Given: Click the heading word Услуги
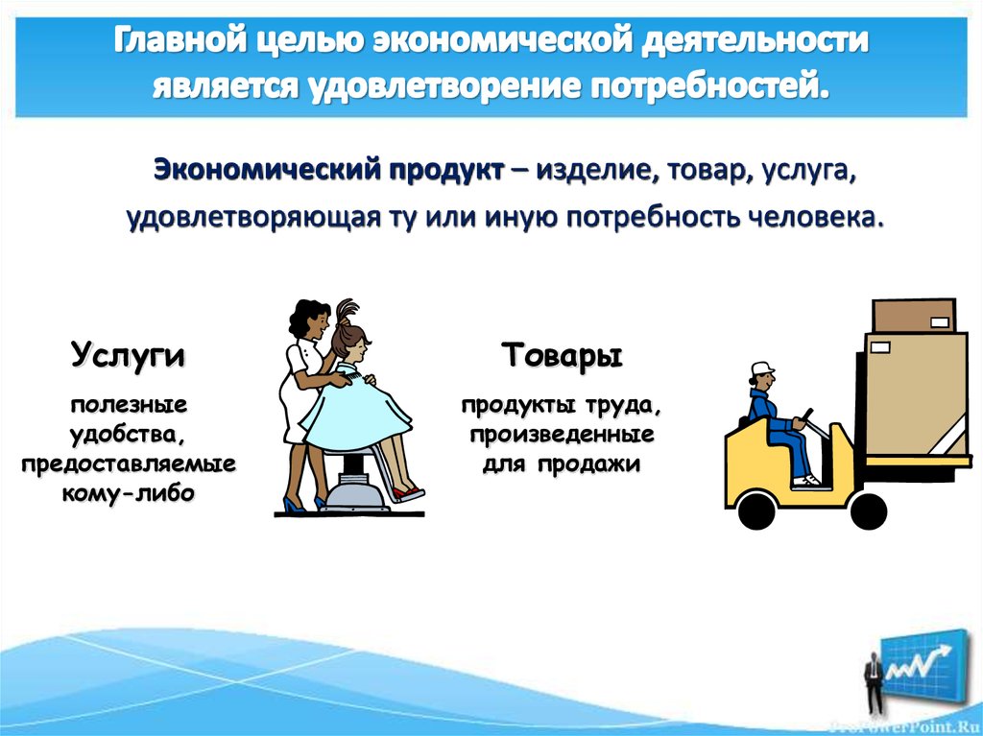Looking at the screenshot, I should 128,356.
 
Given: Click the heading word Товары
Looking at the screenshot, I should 562,356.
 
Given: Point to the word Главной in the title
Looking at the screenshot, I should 177,41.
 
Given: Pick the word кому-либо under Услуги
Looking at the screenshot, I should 128,492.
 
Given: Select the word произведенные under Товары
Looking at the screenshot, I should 562,435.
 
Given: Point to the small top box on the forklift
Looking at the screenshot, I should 913,315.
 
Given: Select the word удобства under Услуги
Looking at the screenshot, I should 128,435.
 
